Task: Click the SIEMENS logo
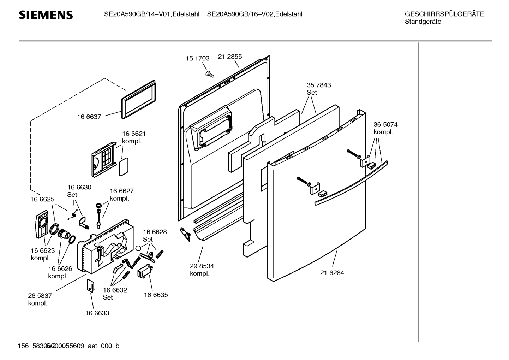(46, 15)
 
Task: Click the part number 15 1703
(198, 58)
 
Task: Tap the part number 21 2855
(230, 57)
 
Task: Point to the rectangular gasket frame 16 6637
(139, 99)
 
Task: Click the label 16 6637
(89, 117)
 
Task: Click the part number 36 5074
(385, 125)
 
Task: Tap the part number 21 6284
(332, 273)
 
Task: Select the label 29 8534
(202, 266)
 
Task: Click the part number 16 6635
(156, 295)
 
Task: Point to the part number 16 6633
(97, 313)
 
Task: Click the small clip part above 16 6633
(91, 285)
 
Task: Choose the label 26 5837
(40, 295)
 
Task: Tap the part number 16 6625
(42, 199)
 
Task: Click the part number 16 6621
(134, 134)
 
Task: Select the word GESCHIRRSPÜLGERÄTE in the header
(444, 14)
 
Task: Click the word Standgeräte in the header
(423, 22)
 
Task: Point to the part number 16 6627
(122, 191)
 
